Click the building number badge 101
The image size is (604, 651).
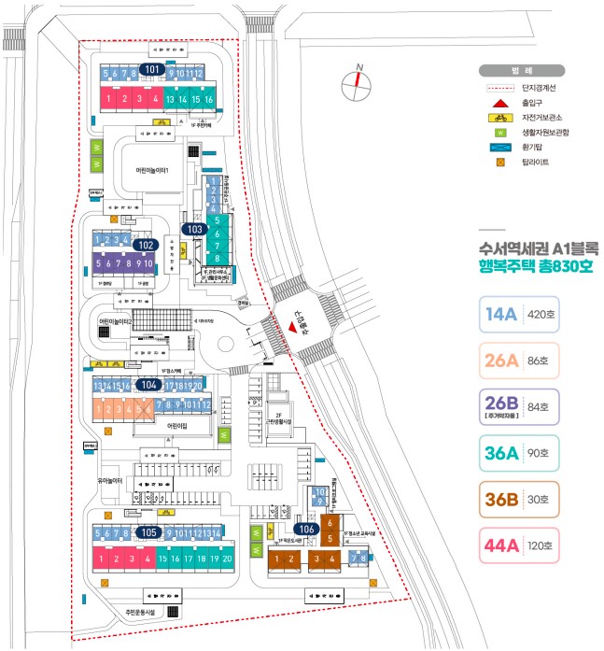tap(152, 69)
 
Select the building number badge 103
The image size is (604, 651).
tap(194, 229)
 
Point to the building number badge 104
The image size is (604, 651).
tap(148, 384)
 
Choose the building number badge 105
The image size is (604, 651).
tap(148, 531)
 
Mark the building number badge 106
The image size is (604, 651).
tap(309, 528)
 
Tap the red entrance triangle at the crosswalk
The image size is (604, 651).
tap(292, 328)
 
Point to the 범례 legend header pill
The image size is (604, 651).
tap(522, 70)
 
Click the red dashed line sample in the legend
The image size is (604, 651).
tap(500, 88)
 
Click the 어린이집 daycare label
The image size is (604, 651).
tap(176, 425)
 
